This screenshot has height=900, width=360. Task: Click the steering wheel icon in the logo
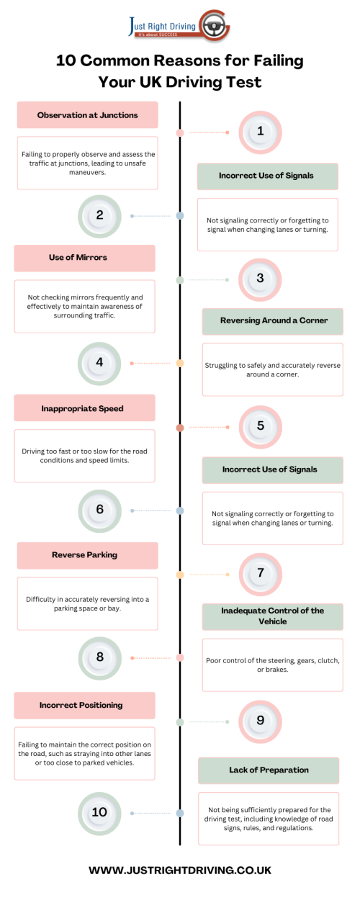(x=213, y=27)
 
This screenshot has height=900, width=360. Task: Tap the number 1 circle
(x=261, y=132)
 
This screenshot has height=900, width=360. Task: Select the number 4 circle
(x=99, y=363)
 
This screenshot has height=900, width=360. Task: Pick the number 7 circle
(x=261, y=574)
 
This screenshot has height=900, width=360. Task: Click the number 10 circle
(x=99, y=813)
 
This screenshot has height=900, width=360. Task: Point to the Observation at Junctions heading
(x=88, y=115)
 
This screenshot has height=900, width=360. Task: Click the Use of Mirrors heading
(x=78, y=258)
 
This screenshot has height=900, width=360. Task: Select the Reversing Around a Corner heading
(x=274, y=320)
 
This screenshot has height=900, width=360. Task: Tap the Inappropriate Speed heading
(x=82, y=409)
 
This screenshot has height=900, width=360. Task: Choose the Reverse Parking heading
(x=84, y=555)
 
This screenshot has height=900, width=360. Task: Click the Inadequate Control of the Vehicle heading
(x=272, y=616)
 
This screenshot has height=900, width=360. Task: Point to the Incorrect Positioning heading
(x=81, y=705)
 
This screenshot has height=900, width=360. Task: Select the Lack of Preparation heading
(x=269, y=770)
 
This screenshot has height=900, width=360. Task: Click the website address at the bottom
(x=180, y=870)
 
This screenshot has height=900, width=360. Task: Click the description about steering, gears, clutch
(x=273, y=665)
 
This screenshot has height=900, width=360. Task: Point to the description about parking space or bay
(x=88, y=603)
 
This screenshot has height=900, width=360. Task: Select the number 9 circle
(x=261, y=721)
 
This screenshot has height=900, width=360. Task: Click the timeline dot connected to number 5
(x=180, y=428)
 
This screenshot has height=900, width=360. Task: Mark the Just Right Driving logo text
(x=162, y=27)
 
